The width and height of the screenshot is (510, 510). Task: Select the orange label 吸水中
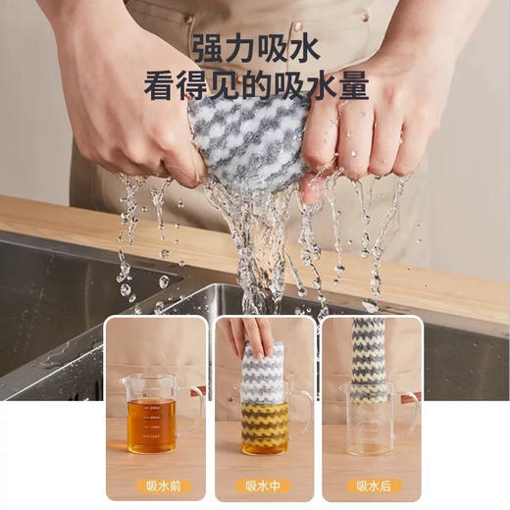[x=264, y=485]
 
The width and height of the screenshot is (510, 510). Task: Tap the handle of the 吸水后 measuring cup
[x=410, y=407]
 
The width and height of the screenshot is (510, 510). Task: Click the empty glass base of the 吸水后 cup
[x=373, y=441]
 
